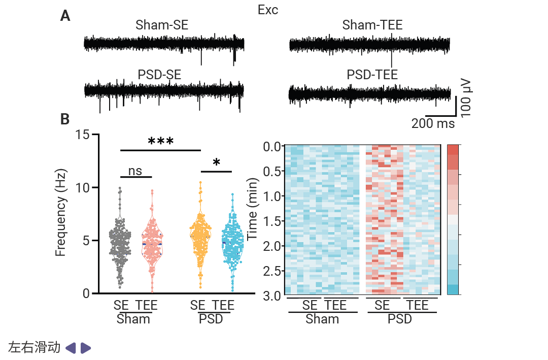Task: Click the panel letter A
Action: click(x=65, y=16)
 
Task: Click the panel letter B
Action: click(x=65, y=119)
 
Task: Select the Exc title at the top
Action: click(x=268, y=10)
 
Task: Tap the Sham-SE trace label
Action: click(x=162, y=25)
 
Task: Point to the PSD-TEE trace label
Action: click(x=372, y=75)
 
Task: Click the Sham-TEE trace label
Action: click(x=372, y=25)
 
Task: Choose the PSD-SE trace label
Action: click(x=159, y=75)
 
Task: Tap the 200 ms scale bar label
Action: click(x=433, y=123)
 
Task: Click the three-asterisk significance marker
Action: click(x=161, y=142)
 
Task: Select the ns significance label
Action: click(x=135, y=171)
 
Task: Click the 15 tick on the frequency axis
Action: click(x=82, y=135)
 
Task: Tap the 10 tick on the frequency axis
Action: click(x=82, y=187)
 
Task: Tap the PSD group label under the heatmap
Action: click(x=400, y=319)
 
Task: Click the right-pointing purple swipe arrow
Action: click(x=86, y=348)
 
